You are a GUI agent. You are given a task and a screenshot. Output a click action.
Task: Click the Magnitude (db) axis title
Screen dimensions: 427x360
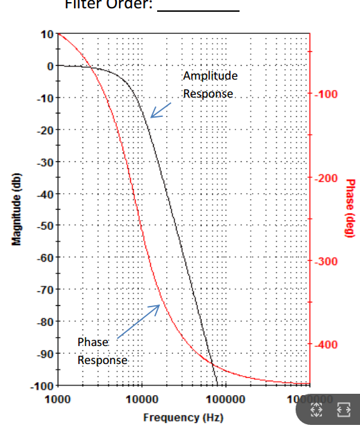[15, 209]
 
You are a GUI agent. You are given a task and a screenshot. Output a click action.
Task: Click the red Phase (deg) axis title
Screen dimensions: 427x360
[350, 208]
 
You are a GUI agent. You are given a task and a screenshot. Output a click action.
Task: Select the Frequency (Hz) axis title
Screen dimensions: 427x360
[183, 417]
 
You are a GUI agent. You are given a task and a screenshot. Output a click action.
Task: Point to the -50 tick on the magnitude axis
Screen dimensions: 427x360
[45, 226]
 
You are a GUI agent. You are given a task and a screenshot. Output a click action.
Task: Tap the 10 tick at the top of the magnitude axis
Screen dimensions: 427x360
[47, 34]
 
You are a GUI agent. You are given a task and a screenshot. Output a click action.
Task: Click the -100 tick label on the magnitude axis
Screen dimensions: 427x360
[43, 385]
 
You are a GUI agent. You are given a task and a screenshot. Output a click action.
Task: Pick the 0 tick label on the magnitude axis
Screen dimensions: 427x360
[49, 66]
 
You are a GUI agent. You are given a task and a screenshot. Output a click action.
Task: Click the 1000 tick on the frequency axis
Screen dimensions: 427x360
[57, 399]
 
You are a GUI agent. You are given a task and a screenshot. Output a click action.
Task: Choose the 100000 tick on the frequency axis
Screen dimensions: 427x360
[225, 399]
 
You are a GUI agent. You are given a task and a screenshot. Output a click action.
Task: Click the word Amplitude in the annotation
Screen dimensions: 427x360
[210, 76]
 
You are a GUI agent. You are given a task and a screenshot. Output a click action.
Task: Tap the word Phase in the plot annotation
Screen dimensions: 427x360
[93, 342]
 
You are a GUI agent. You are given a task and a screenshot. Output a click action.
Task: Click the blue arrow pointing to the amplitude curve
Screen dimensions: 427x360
[162, 110]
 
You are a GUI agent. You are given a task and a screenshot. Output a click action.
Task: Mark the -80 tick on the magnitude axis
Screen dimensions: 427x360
[45, 322]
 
